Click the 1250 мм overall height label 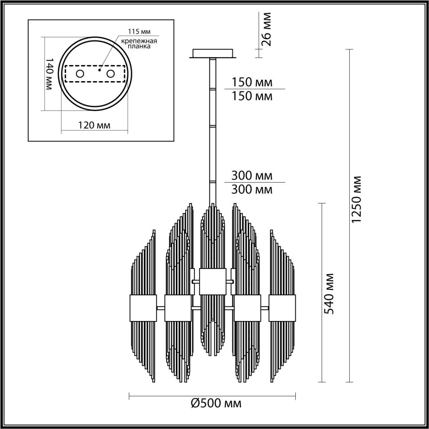coord(357,199)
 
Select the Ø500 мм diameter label coord(216,403)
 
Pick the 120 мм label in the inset coord(94,125)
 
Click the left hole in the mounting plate coord(80,74)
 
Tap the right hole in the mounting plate coord(110,74)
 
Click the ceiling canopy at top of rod coord(213,53)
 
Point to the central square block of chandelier coord(213,281)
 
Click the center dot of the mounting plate coord(100,70)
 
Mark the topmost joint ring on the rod coord(213,89)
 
